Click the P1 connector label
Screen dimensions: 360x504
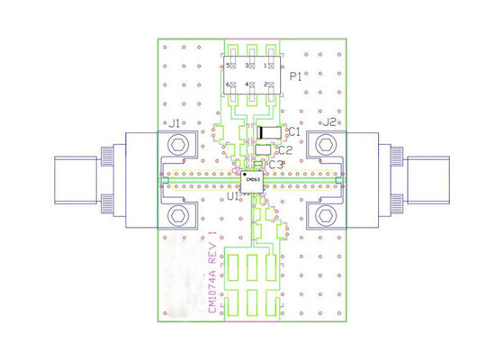295,77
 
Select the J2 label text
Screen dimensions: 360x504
329,122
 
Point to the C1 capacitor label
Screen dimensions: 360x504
292,132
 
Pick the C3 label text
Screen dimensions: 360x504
276,165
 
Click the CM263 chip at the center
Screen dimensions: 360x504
253,180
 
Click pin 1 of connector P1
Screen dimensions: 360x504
274,67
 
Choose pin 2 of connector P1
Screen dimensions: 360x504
274,85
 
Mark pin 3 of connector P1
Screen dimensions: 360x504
253,67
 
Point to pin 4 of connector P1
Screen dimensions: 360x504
253,85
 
